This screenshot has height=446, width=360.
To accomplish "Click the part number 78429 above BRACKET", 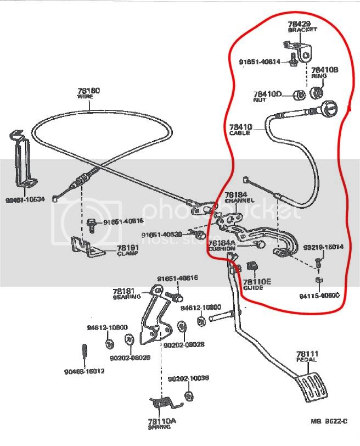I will click(x=300, y=25).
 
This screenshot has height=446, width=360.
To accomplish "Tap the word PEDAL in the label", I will click(x=307, y=360).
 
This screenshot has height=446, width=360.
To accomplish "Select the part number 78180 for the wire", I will click(x=88, y=90).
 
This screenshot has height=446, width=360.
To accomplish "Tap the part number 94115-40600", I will click(x=319, y=296).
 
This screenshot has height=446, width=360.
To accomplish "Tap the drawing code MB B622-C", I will click(x=329, y=421).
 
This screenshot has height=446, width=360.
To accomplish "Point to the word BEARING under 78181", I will click(x=125, y=297).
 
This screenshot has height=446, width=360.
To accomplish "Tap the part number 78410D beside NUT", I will click(x=267, y=94).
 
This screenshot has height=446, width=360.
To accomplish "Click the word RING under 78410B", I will click(x=319, y=76).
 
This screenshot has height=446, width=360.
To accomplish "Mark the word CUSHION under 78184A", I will click(x=222, y=248).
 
